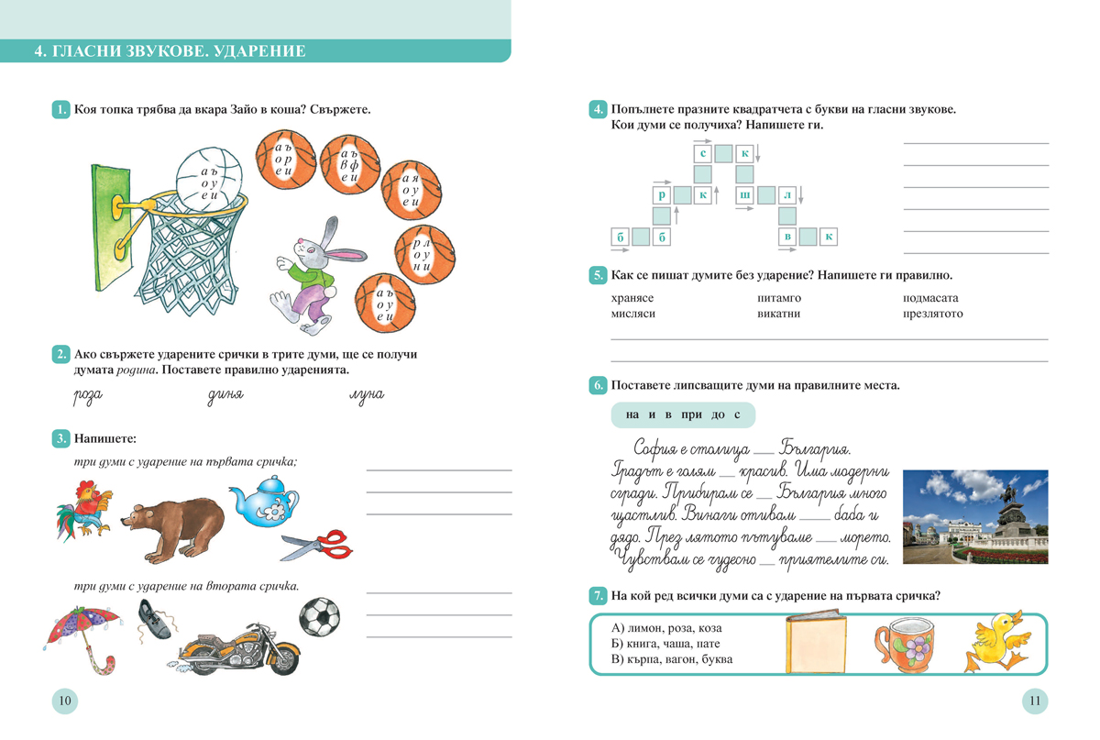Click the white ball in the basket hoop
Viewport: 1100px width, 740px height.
pyautogui.click(x=209, y=179)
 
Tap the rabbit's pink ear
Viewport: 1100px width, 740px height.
pyautogui.click(x=347, y=255)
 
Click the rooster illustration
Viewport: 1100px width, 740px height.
pyautogui.click(x=84, y=511)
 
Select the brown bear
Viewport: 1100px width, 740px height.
pyautogui.click(x=173, y=529)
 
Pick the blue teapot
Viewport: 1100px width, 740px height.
pyautogui.click(x=264, y=501)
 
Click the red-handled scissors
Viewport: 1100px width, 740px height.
pyautogui.click(x=317, y=545)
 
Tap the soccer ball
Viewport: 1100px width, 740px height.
pyautogui.click(x=320, y=616)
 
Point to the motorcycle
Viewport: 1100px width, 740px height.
pyautogui.click(x=239, y=648)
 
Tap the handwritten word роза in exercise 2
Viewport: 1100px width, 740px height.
pyautogui.click(x=88, y=396)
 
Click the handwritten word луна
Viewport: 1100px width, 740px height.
pyautogui.click(x=367, y=395)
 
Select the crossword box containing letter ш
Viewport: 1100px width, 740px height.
pyautogui.click(x=744, y=195)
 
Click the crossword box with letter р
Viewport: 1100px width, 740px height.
pyautogui.click(x=662, y=195)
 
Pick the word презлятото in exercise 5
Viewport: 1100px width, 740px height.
pyautogui.click(x=932, y=314)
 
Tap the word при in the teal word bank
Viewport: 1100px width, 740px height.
pyautogui.click(x=691, y=414)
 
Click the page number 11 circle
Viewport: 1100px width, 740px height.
pyautogui.click(x=1035, y=701)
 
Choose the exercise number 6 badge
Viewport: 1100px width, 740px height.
pyautogui.click(x=598, y=385)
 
